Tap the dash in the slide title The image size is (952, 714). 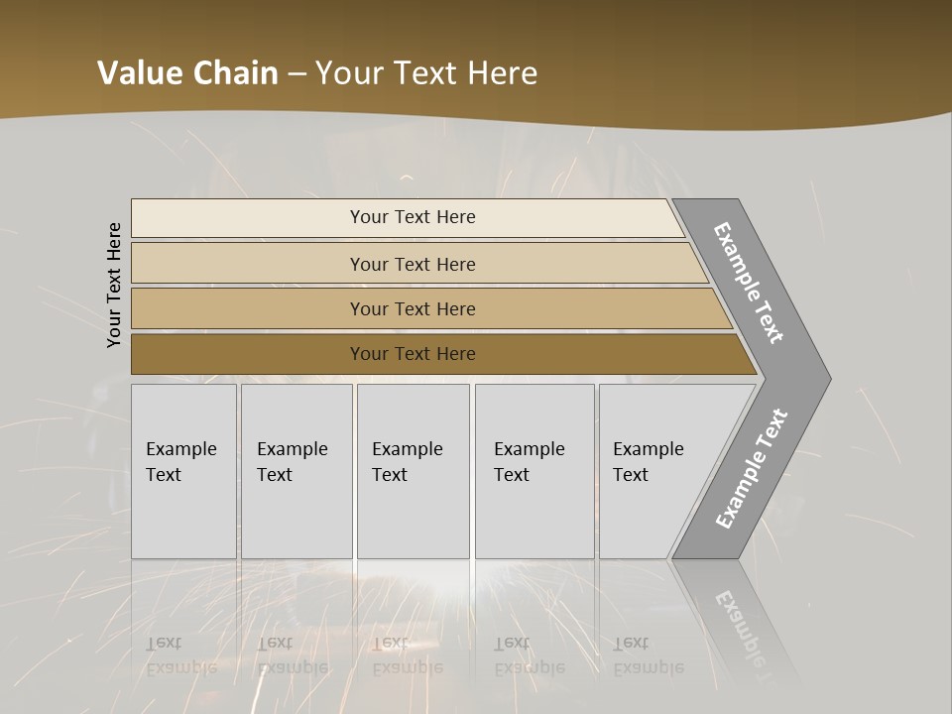(x=297, y=74)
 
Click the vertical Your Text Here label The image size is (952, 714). (x=114, y=285)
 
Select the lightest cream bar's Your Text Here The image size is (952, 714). (x=412, y=217)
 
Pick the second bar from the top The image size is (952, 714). (x=412, y=264)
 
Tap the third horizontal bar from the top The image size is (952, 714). (x=412, y=308)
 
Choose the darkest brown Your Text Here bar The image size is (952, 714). (x=412, y=354)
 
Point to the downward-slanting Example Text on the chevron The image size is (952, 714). (x=749, y=283)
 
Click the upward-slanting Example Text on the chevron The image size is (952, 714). (x=752, y=468)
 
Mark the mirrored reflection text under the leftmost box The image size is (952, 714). (x=180, y=655)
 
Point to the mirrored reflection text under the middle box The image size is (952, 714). (x=407, y=655)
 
